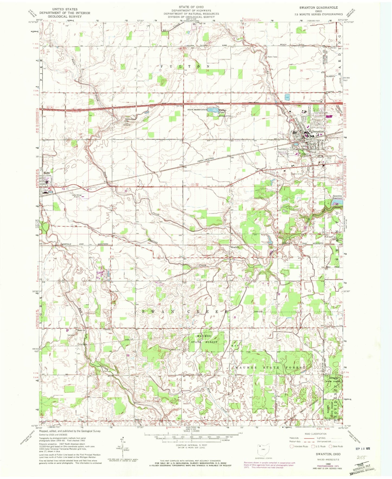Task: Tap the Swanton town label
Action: click(318, 131)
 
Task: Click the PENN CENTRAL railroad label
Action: click(207, 158)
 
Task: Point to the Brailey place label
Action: click(234, 247)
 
